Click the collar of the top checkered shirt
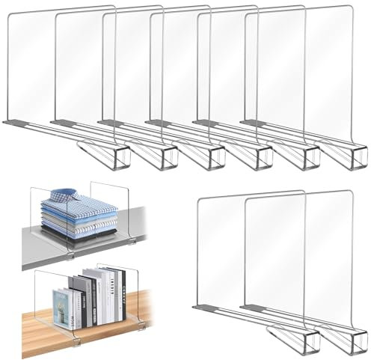pos(76,196)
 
